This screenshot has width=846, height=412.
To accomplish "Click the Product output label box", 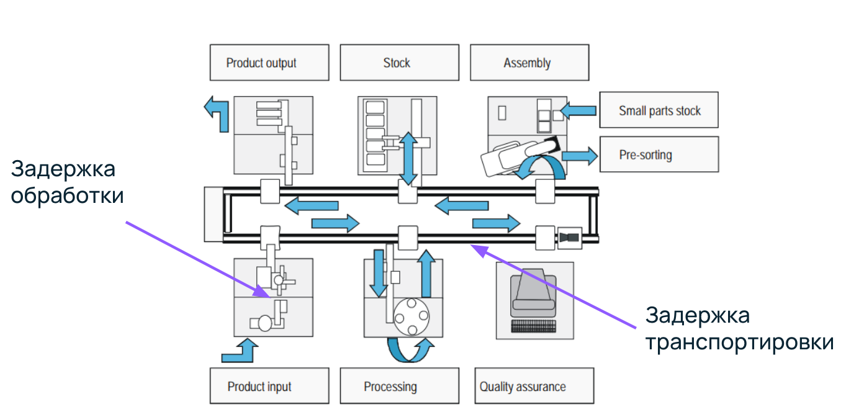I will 269,63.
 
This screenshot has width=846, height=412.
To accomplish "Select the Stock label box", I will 399,63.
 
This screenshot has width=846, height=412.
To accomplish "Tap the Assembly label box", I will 529,63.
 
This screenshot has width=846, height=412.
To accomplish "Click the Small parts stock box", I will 659,110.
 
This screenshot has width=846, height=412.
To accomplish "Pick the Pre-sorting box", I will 659,154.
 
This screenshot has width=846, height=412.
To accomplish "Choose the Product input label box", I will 269,386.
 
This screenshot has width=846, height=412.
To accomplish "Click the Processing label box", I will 399,386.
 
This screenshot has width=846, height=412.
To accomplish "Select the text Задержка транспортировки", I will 739,329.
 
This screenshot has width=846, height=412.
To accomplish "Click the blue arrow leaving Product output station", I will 217,112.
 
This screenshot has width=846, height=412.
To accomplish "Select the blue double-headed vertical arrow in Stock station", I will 408,158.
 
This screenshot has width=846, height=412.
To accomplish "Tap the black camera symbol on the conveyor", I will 569,237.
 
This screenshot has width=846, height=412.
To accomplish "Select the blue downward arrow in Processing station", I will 377,274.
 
